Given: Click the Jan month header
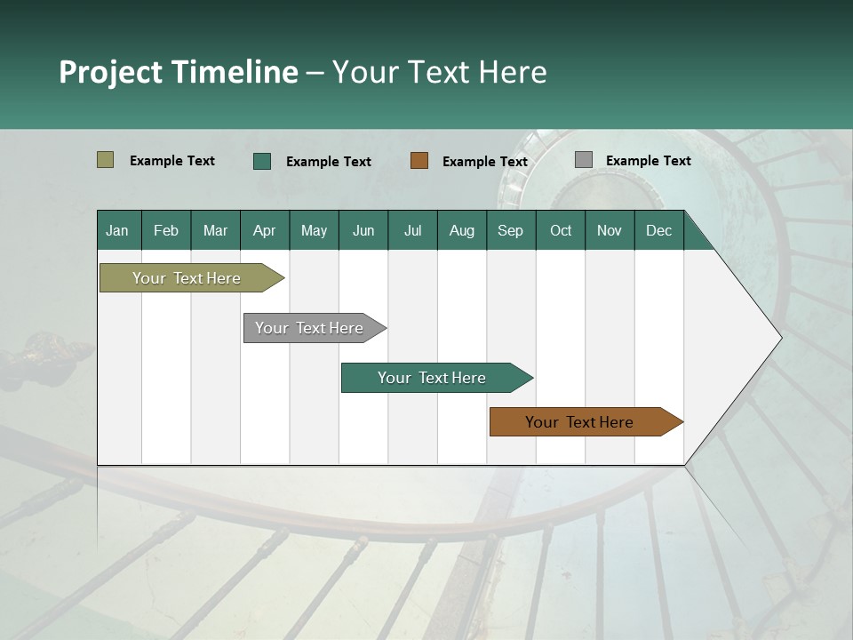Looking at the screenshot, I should [117, 230].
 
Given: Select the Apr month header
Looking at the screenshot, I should [265, 230].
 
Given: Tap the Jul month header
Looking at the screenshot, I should [412, 230].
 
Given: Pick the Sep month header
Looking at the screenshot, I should [510, 230].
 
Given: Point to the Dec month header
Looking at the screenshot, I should [658, 230].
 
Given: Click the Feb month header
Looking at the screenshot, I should [166, 230].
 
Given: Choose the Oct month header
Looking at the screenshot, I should [561, 230].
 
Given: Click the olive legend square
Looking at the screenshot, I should [105, 160].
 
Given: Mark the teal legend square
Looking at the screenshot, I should [261, 161].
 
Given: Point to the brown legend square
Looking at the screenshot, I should [419, 161].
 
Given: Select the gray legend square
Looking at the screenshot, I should [583, 160].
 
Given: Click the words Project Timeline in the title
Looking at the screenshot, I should [179, 72].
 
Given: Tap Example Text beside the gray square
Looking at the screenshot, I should [648, 160].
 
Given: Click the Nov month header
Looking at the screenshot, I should [610, 230].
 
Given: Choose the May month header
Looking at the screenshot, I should [314, 230].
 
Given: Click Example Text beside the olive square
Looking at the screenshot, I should [172, 160].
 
